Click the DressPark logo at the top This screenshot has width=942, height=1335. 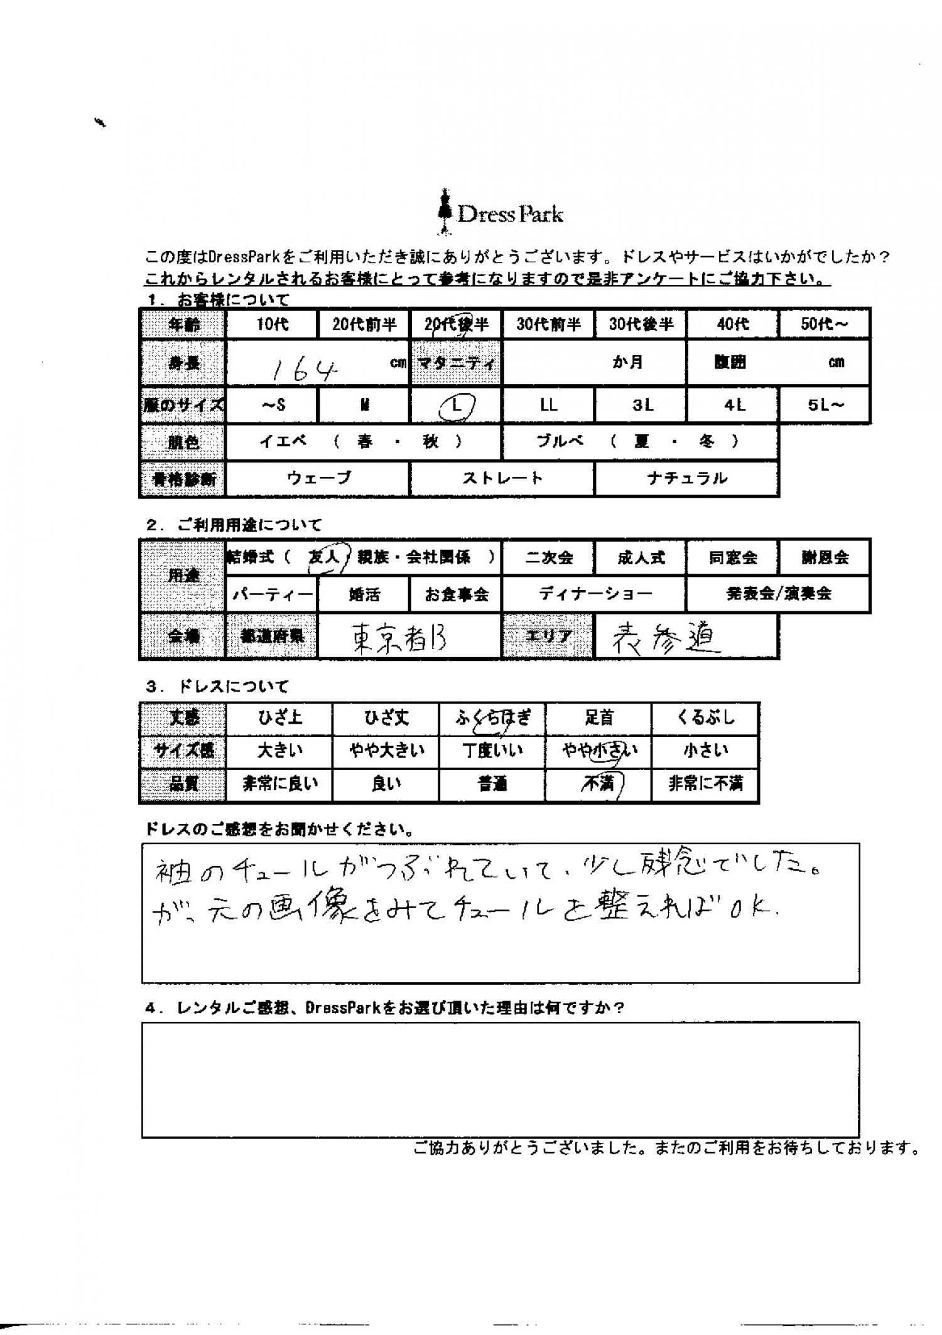(x=501, y=214)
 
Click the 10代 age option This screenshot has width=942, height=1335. (x=272, y=324)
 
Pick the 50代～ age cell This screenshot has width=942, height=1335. (x=825, y=324)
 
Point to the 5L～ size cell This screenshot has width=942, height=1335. (x=825, y=405)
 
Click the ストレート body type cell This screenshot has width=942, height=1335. (x=502, y=478)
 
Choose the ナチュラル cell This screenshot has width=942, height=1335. (x=686, y=478)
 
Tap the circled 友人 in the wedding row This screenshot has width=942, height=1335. (x=324, y=557)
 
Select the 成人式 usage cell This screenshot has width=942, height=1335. (x=640, y=557)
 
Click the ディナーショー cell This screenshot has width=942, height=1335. (x=594, y=594)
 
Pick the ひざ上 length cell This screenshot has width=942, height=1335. (x=279, y=718)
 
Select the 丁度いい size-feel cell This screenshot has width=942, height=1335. (x=492, y=751)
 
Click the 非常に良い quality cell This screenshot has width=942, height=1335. (x=279, y=783)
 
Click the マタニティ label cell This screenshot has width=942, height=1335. (x=456, y=363)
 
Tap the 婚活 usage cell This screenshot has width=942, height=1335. (x=364, y=594)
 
